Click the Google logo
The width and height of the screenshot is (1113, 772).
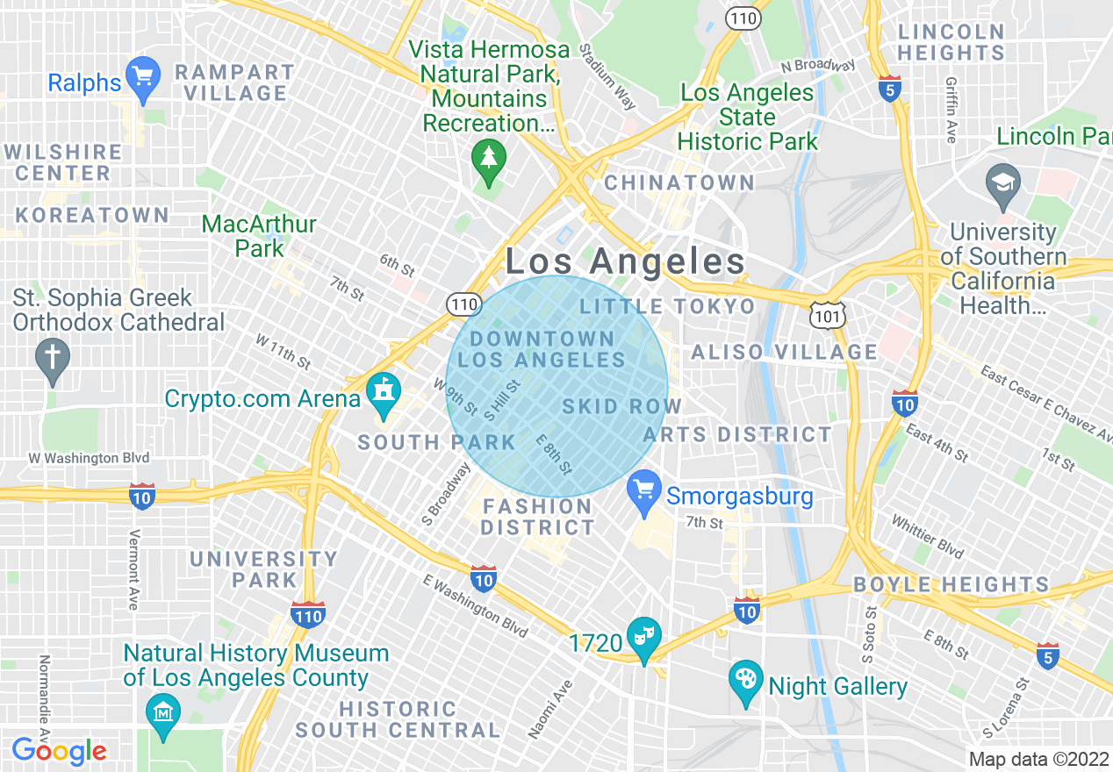pyautogui.click(x=59, y=751)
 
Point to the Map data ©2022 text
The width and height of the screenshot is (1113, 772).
pyautogui.click(x=1038, y=759)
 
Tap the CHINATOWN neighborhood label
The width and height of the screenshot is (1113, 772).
pyautogui.click(x=679, y=182)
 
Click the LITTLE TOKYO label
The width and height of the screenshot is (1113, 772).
pyautogui.click(x=667, y=306)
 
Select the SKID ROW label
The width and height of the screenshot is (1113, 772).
pyautogui.click(x=621, y=406)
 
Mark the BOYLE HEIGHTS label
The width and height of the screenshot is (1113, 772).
pyautogui.click(x=951, y=584)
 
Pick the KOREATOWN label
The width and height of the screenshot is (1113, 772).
pyautogui.click(x=92, y=215)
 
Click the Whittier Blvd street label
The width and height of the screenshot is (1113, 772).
pyautogui.click(x=928, y=535)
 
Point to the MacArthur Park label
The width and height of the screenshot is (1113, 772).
pyautogui.click(x=259, y=236)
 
